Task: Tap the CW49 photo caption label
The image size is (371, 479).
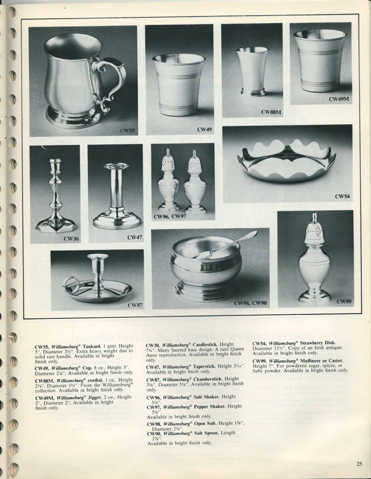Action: click(x=204, y=129)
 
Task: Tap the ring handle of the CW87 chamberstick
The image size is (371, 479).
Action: click(x=72, y=285)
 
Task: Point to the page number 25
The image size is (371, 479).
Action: click(x=359, y=464)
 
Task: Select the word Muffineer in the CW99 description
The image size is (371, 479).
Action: click(x=319, y=360)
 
